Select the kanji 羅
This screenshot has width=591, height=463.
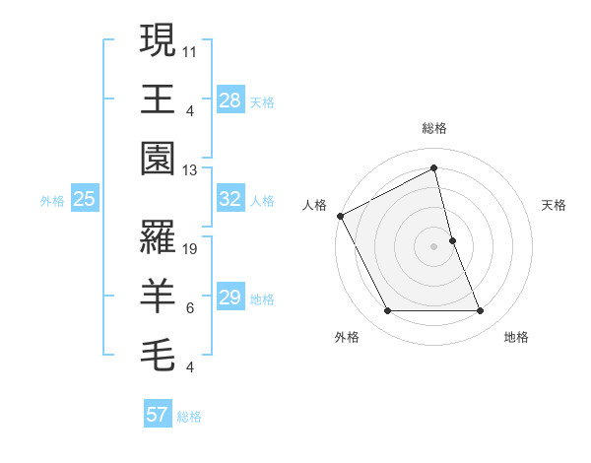(x=158, y=237)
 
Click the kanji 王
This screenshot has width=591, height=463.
(x=158, y=99)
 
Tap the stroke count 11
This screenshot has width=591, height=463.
(x=191, y=50)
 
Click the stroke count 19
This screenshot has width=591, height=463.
(x=191, y=249)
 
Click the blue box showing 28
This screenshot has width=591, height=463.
(x=230, y=99)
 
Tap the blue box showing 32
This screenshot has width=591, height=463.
(x=230, y=199)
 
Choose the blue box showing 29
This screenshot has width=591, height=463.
(x=230, y=298)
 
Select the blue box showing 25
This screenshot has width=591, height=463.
(x=85, y=199)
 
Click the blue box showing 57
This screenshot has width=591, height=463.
(x=157, y=415)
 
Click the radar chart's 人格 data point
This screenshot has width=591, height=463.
(x=340, y=215)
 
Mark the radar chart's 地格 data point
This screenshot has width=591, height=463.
(x=481, y=311)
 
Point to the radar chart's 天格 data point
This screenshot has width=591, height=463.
(x=452, y=240)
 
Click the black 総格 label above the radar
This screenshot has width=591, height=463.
(x=434, y=128)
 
